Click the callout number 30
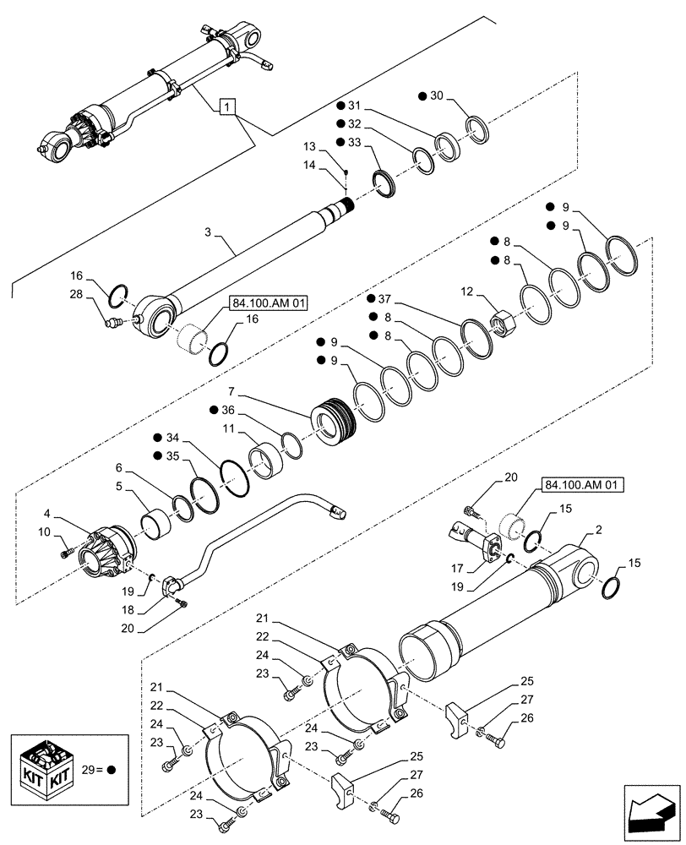click(x=436, y=95)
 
